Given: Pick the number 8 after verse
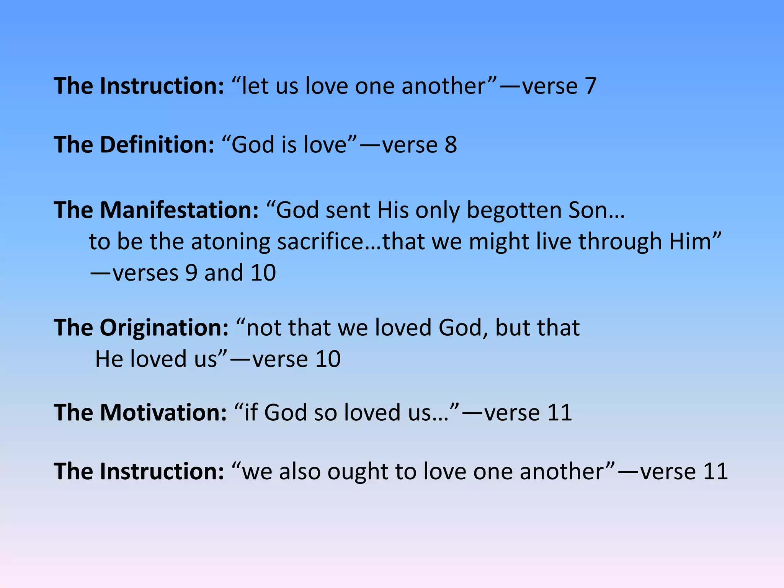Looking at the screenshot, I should (451, 145).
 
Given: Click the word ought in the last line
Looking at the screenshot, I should (358, 472).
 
